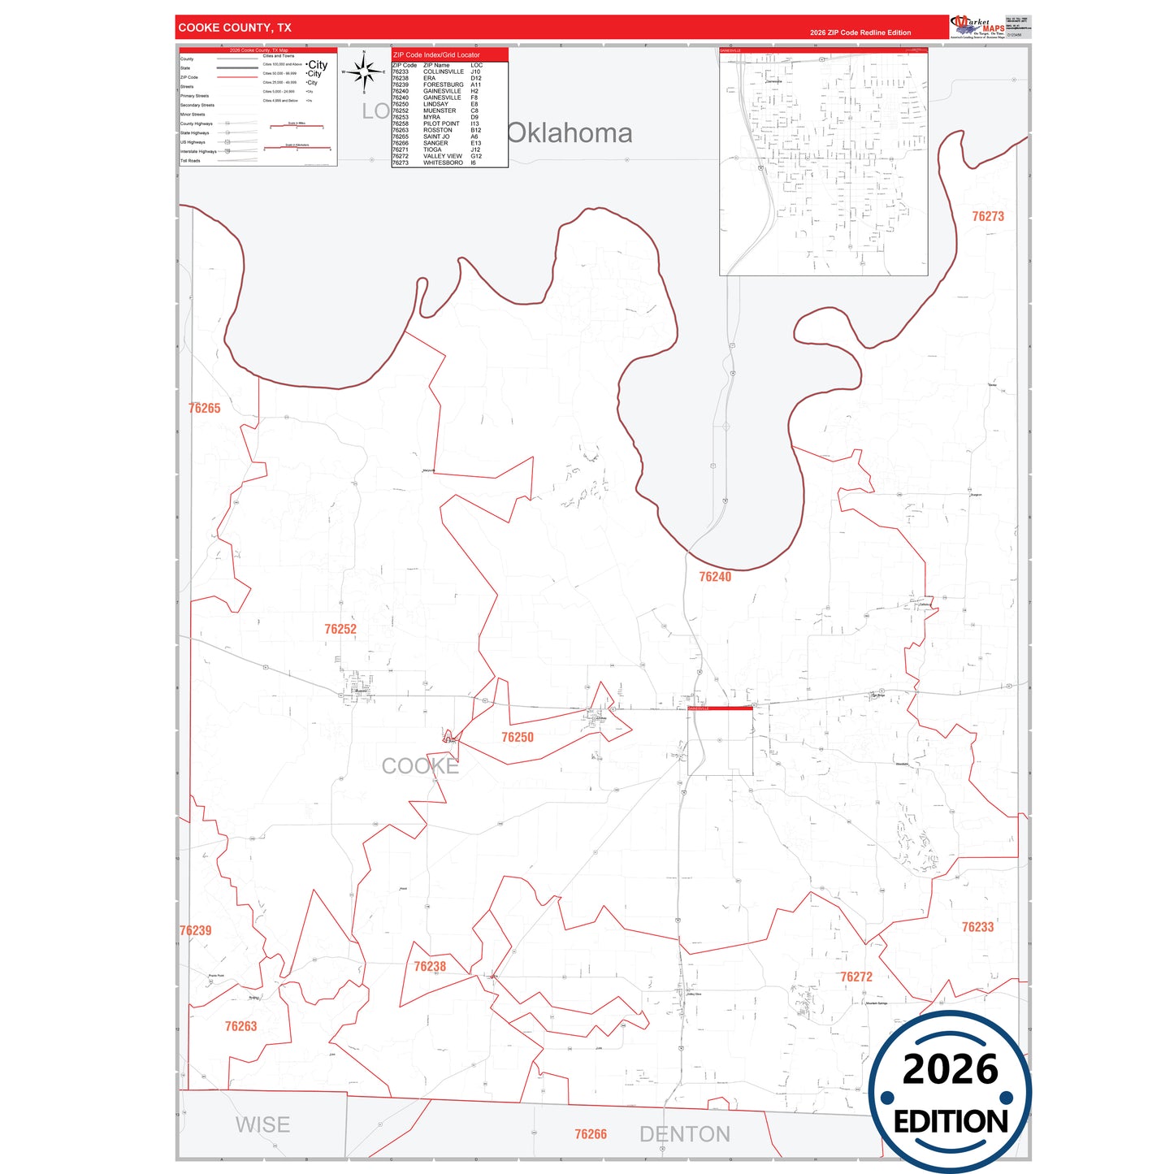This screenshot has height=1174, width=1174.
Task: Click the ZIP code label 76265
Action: point(204,408)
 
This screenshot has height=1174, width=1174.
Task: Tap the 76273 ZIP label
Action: point(988,216)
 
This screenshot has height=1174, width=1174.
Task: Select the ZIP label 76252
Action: point(340,629)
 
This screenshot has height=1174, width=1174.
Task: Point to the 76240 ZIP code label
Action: point(715,577)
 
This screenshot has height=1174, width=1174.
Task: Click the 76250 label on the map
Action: point(518,737)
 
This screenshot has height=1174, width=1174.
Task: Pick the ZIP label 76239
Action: point(195,930)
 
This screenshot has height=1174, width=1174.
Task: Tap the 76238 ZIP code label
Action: point(430,966)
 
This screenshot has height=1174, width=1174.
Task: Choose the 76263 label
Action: point(240,1026)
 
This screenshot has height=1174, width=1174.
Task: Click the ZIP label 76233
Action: point(977,927)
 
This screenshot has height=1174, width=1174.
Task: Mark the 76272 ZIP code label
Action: point(856,977)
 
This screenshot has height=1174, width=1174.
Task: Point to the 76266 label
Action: point(591,1134)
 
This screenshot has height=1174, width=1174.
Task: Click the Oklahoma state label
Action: point(570,133)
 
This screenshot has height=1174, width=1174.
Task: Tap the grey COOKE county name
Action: point(420,766)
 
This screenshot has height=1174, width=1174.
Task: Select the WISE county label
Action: point(262,1125)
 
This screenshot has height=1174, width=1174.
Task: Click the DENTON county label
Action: point(685,1134)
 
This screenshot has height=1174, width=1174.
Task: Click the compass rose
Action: point(364,72)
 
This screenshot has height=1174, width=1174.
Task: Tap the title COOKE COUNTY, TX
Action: point(235,28)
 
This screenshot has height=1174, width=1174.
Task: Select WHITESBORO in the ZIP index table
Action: point(443,162)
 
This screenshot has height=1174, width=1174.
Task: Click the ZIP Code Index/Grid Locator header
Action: point(436,55)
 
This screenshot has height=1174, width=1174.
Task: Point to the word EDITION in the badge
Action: point(951,1122)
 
